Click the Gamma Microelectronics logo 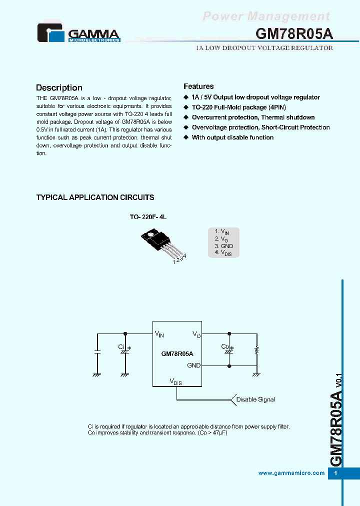coord(78,33)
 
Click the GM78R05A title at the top coord(294,33)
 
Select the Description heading coord(59,87)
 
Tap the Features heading coord(198,86)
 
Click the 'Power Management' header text coord(266,16)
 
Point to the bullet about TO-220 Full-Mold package coord(238,107)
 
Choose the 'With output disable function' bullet coord(232,137)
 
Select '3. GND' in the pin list coord(223,246)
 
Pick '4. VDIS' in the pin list coord(223,253)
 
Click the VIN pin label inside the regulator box coord(159,333)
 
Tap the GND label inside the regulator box coord(193,365)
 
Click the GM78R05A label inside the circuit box coord(177,353)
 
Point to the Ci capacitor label coord(121,346)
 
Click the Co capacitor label coord(224,346)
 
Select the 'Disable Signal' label coord(255,399)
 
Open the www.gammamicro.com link coord(291,473)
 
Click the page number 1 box coord(336,473)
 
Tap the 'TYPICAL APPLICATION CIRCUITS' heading coord(95,197)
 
